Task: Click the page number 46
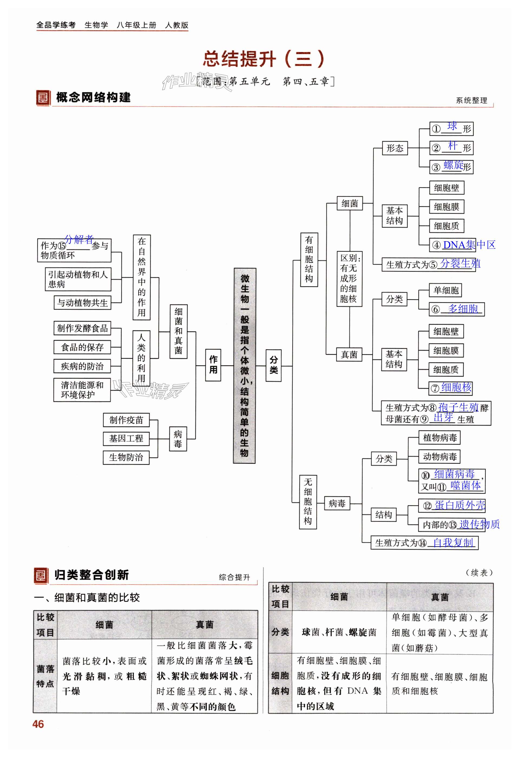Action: tap(38, 724)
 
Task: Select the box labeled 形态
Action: tap(395, 148)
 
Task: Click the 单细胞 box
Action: tap(445, 290)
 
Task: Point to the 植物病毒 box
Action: tap(439, 438)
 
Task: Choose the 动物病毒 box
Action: tap(439, 457)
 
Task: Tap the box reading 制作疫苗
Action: tap(126, 420)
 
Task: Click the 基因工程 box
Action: tap(126, 438)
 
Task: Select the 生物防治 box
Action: tap(126, 457)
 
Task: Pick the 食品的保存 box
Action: tap(82, 347)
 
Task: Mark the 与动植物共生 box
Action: tap(82, 303)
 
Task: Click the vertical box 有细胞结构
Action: tap(309, 259)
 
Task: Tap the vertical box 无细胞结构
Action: tap(308, 502)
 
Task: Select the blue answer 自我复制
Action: tap(453, 542)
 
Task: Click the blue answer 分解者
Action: tap(79, 239)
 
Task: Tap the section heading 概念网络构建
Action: tap(93, 97)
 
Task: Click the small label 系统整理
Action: tap(471, 100)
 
